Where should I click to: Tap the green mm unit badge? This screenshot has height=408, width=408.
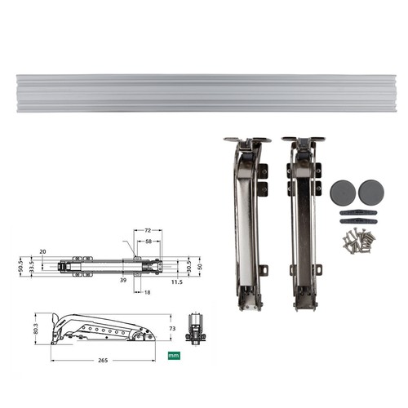click(173, 355)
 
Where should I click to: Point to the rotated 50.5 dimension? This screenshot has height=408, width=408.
click(20, 267)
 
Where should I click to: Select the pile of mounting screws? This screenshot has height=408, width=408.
click(357, 240)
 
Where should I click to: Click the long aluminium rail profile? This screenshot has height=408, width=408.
click(204, 92)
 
